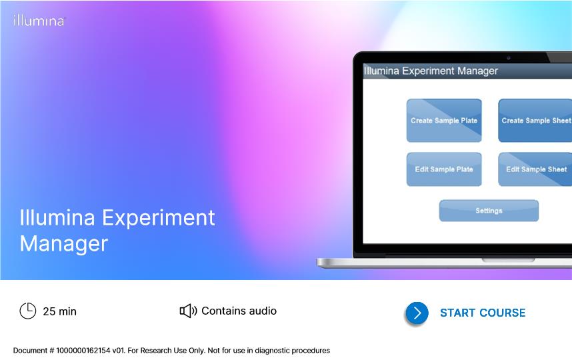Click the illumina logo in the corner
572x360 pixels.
click(39, 21)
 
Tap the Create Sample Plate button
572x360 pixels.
click(444, 121)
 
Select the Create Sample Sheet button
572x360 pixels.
click(535, 121)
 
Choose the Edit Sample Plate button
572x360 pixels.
click(444, 169)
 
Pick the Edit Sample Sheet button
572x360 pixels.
click(535, 169)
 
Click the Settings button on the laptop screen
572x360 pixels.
click(489, 211)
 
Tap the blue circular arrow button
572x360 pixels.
click(417, 313)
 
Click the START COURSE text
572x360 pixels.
click(483, 313)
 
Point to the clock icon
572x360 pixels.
click(28, 311)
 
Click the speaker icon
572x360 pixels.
click(188, 311)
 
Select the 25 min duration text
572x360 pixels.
click(60, 311)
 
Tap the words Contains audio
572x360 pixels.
click(239, 311)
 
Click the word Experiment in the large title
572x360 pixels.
click(158, 219)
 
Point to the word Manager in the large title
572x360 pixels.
click(64, 243)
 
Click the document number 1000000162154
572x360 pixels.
click(83, 351)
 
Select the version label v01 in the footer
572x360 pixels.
click(119, 351)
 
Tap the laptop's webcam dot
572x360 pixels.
click(509, 58)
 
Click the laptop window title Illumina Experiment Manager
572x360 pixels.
click(431, 71)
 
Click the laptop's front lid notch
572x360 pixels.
click(509, 260)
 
